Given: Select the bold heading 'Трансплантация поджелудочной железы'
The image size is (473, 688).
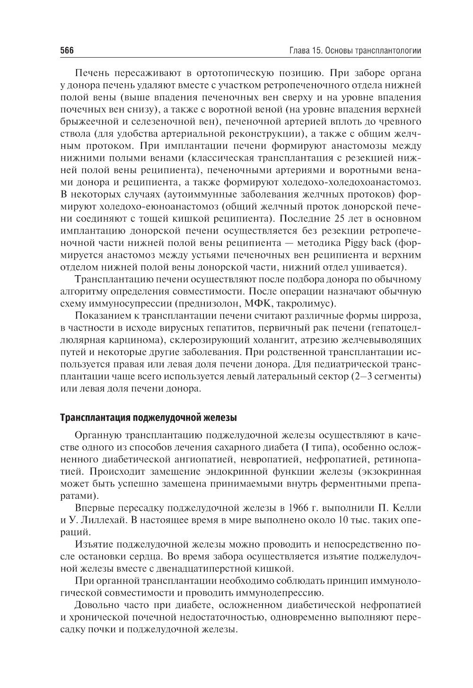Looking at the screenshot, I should point(149,418).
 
